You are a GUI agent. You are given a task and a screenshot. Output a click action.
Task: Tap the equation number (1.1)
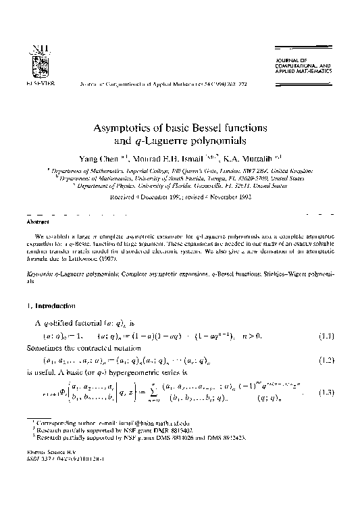pyautogui.click(x=326, y=335)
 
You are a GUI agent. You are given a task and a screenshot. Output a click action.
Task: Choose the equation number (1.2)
pyautogui.click(x=326, y=360)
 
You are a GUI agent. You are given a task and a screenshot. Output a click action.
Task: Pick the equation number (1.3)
pyautogui.click(x=326, y=392)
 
